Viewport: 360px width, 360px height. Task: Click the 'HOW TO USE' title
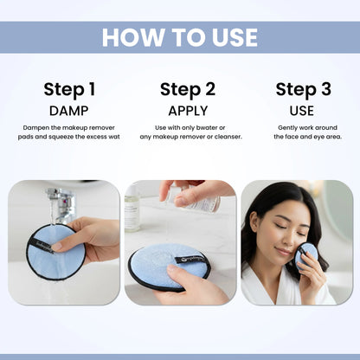180,37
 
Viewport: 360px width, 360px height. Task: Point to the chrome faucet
61,203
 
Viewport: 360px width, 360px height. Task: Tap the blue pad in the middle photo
169,264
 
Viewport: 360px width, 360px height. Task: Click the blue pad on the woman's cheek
305,254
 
